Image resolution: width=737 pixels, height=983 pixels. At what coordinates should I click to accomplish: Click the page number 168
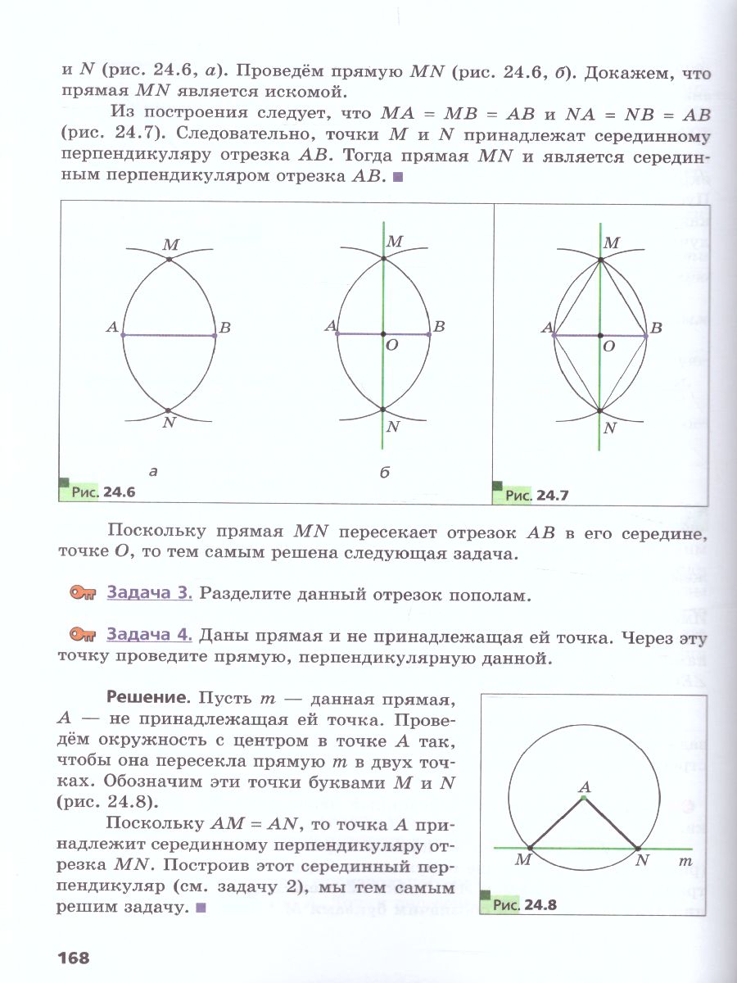(73, 957)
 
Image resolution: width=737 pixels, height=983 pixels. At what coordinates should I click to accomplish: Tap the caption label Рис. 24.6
(102, 492)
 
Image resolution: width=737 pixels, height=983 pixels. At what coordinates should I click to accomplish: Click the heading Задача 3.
(149, 594)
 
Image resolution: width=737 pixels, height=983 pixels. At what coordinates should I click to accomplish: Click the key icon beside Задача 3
(84, 594)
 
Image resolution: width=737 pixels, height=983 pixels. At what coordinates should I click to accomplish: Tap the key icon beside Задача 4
(84, 635)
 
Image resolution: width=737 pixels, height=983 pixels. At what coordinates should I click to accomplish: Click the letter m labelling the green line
(685, 862)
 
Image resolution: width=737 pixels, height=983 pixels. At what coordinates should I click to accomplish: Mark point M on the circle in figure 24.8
(531, 848)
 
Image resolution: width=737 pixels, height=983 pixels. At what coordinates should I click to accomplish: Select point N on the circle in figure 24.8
(638, 848)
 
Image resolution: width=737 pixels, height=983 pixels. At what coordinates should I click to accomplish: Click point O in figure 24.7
(600, 335)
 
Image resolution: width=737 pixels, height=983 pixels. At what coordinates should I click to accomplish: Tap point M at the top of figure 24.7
(600, 260)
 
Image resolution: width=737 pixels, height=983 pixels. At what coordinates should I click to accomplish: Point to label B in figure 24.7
(655, 328)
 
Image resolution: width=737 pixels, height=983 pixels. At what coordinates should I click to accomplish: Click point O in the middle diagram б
(383, 334)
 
